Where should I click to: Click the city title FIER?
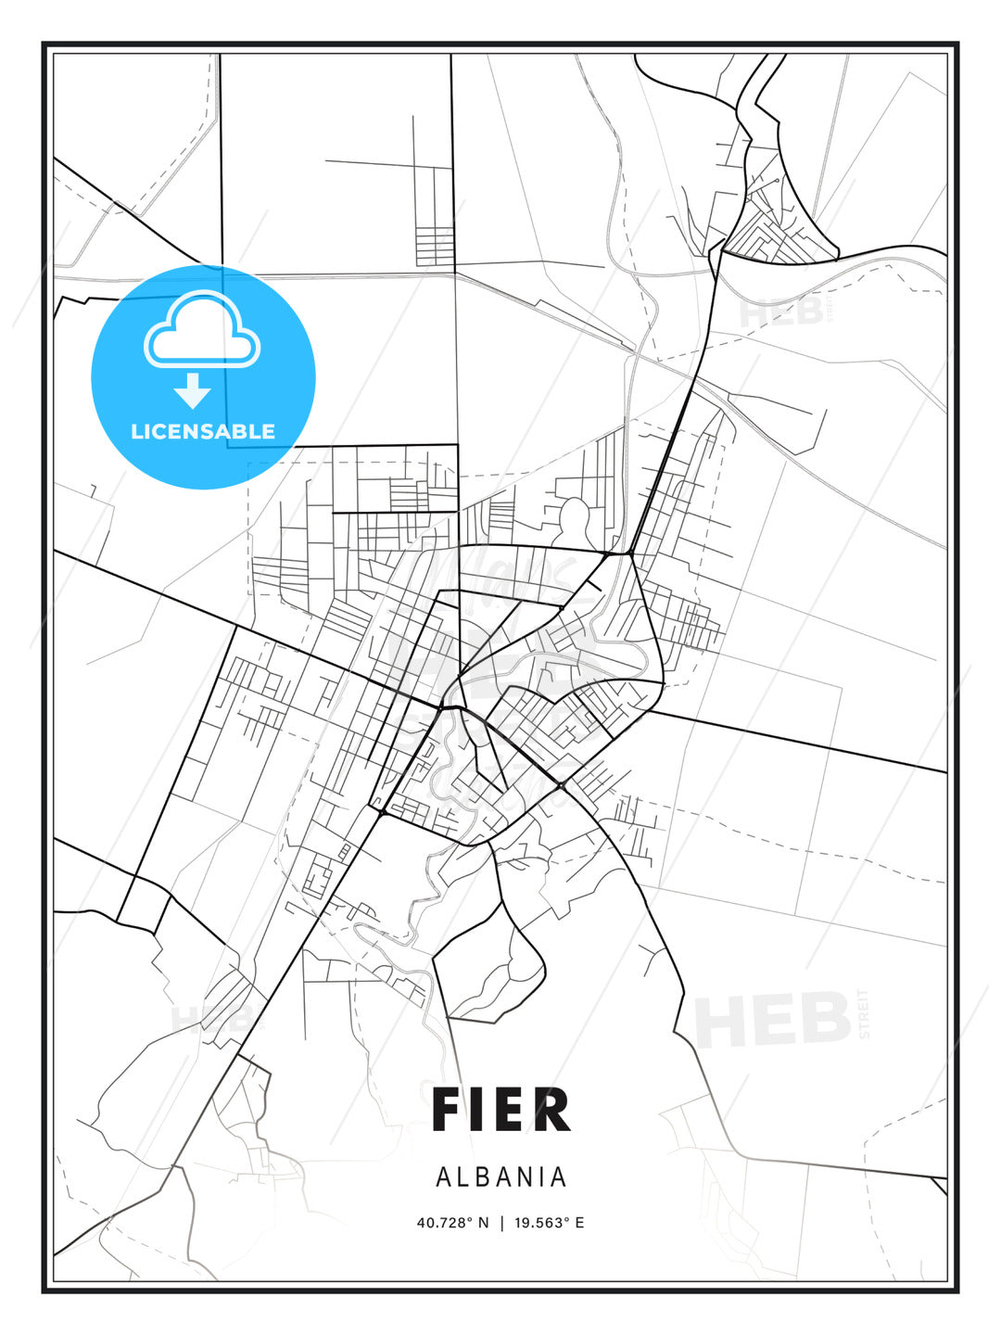pos(500,1111)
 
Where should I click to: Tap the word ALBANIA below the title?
pos(500,1177)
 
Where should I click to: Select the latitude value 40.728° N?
pos(452,1223)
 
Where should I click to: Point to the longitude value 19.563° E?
pos(550,1223)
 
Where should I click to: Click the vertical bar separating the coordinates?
pos(501,1223)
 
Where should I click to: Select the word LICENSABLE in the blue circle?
pos(203,431)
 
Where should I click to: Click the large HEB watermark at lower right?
pos(773,1020)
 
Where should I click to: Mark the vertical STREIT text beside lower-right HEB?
pos(865,1014)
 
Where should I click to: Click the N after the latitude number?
pos(483,1223)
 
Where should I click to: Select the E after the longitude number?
pos(579,1223)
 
